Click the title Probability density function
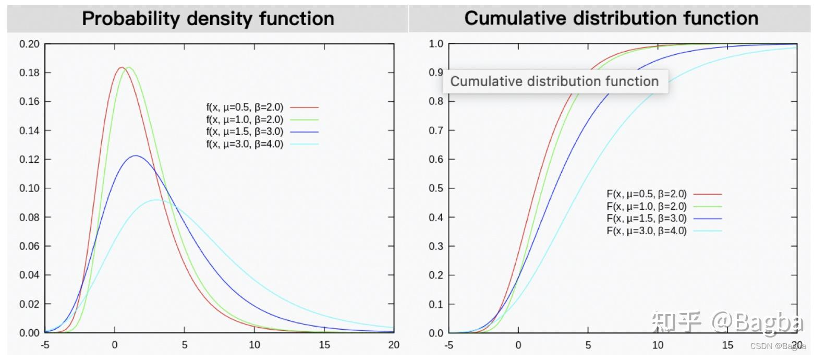[208, 19]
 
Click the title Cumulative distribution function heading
[611, 18]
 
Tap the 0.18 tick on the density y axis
[29, 73]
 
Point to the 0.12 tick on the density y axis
[29, 159]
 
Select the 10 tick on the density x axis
[254, 345]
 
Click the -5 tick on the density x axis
[45, 345]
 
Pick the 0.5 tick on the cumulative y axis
[436, 188]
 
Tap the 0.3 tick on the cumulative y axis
[436, 246]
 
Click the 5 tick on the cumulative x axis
[588, 345]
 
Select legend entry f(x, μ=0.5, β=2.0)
[245, 107]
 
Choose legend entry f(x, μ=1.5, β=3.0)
[245, 132]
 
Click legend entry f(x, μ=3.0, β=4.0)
[245, 144]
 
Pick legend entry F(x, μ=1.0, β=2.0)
[647, 207]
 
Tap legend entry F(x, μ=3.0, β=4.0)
[647, 231]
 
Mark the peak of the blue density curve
[136, 155]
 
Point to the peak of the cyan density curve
[156, 200]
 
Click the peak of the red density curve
[122, 67]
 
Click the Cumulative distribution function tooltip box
[555, 81]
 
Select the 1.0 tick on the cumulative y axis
[436, 44]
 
